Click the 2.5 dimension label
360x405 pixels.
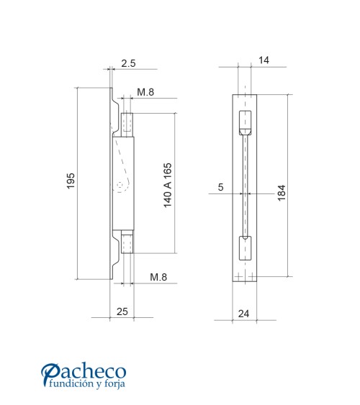(128, 64)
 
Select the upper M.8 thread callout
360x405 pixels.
(145, 93)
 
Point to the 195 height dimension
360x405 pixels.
(71, 182)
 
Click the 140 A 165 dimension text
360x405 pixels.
(168, 185)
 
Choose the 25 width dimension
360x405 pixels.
(122, 311)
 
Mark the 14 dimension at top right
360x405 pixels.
(263, 61)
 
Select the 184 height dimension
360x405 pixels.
(282, 193)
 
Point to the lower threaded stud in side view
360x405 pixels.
(127, 242)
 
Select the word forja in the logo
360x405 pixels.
(114, 384)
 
